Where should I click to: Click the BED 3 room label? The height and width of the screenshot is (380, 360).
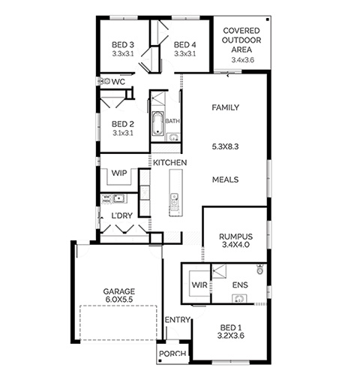click(123, 45)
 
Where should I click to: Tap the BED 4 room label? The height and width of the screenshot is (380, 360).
click(184, 45)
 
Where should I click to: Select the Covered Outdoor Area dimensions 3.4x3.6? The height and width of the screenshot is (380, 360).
click(242, 60)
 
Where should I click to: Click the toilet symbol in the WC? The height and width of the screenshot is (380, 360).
click(105, 81)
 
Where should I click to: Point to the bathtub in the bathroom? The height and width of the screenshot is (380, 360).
click(157, 123)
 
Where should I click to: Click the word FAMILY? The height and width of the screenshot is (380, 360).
click(225, 107)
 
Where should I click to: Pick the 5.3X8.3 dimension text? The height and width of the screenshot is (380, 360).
click(225, 146)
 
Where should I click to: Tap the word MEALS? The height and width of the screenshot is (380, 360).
click(225, 179)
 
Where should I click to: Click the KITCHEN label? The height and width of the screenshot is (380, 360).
click(169, 163)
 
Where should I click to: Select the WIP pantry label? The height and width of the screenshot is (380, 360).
click(119, 173)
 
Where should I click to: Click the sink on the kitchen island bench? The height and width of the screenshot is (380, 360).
click(174, 199)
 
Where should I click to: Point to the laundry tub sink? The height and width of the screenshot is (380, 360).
click(118, 198)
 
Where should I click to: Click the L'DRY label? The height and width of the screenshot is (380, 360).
click(121, 216)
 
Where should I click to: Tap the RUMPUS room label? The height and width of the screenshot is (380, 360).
click(235, 237)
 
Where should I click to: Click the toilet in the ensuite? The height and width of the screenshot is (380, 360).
click(260, 269)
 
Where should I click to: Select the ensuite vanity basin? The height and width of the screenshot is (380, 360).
click(239, 299)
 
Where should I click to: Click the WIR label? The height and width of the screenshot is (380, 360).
click(199, 285)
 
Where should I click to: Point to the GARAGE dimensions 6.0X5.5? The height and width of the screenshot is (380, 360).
click(119, 300)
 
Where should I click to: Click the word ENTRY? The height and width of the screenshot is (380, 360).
click(178, 320)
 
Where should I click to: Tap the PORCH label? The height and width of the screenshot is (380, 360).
click(172, 354)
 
